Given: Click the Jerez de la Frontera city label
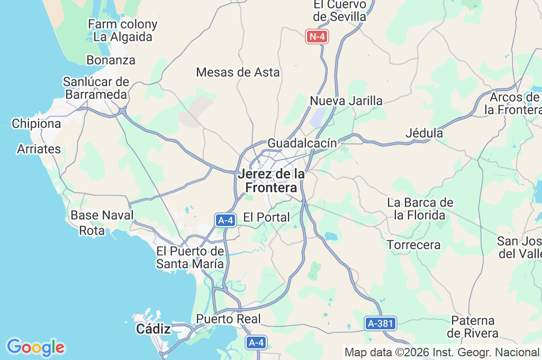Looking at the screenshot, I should click(272, 181).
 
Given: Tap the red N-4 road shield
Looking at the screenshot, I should click(318, 37).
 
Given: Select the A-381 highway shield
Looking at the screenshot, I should click(381, 323).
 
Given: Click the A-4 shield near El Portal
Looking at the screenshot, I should click(225, 220).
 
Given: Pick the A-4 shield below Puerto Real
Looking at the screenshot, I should click(256, 343).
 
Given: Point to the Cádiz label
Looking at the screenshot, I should click(153, 329).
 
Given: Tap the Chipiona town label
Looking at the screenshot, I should click(37, 124).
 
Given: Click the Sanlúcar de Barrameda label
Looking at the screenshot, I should click(96, 88).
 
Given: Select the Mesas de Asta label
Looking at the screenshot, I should click(238, 72).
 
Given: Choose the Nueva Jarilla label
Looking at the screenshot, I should click(346, 101).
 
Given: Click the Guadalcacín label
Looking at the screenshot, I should click(302, 143).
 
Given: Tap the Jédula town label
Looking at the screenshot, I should click(424, 133).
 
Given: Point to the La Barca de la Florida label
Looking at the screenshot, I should click(420, 209).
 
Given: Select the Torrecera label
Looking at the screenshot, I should click(413, 245).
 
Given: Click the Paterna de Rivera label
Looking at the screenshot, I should click(473, 327).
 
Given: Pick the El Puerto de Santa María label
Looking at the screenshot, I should click(190, 257).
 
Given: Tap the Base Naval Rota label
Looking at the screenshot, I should click(102, 222).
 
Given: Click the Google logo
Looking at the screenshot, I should click(35, 347).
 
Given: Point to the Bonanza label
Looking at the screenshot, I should click(111, 60).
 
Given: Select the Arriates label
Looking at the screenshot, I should click(39, 149).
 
